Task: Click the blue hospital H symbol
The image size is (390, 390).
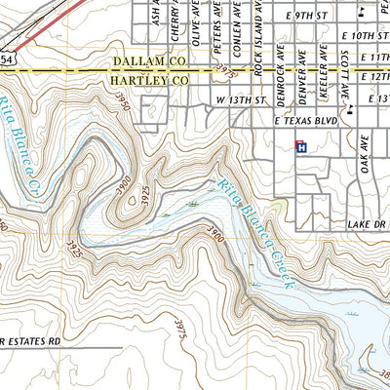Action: coord(301,147)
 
